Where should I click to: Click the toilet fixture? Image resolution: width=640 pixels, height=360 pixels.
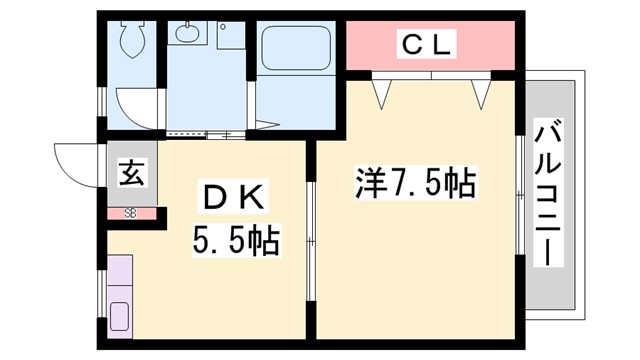(131, 41)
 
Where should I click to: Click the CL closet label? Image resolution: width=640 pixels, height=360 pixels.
(429, 44)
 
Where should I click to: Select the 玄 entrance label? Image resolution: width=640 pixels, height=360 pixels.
(132, 173)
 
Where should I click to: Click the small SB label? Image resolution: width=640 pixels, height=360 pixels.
(131, 212)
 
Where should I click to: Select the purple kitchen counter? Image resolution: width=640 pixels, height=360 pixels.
(120, 294)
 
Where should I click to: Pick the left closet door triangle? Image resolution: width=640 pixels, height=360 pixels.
(381, 93)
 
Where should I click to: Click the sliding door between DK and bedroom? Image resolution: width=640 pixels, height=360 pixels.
(310, 236)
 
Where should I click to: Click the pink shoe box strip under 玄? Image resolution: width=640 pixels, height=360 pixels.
(132, 212)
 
